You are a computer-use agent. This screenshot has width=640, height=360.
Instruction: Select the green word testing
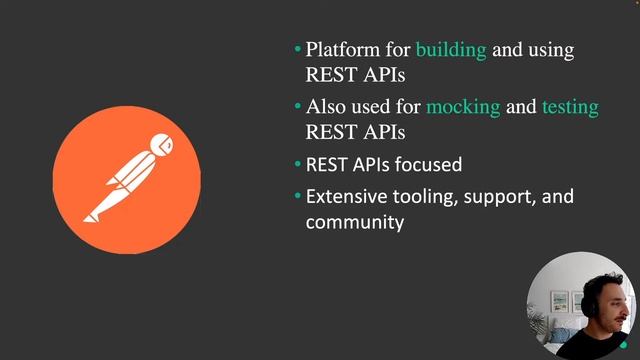point(570,108)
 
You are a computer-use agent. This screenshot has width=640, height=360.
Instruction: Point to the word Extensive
point(346,197)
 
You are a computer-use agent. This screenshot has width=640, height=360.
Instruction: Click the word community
point(354,222)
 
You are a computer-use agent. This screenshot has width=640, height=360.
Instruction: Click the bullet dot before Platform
point(297,49)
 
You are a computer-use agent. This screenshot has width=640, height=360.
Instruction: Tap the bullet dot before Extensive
point(297,196)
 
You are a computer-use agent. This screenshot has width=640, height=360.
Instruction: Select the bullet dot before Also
point(297,106)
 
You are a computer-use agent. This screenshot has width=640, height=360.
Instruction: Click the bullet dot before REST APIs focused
point(297,163)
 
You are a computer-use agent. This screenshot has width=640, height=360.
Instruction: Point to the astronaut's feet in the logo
point(92,214)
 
